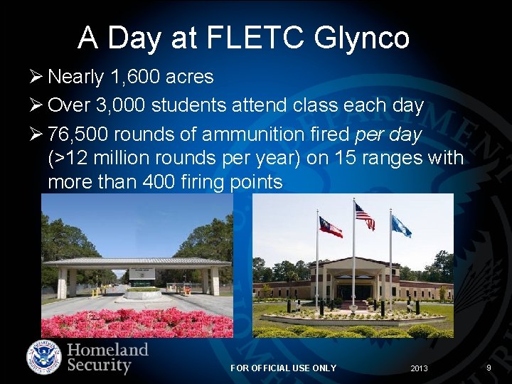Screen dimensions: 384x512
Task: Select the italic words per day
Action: [x=388, y=134]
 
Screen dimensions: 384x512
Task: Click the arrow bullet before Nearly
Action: [x=39, y=77]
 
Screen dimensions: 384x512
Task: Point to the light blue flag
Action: [x=401, y=227]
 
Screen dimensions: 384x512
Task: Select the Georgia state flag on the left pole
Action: [x=331, y=227]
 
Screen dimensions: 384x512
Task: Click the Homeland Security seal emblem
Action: [x=44, y=358]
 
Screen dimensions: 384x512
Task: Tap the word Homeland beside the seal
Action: [x=107, y=350]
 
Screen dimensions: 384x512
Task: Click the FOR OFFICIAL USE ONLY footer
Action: [x=283, y=368]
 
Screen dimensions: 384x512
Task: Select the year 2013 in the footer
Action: [x=420, y=368]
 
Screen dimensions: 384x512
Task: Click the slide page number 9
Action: [x=489, y=368]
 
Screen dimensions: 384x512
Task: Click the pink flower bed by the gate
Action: [x=135, y=324]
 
